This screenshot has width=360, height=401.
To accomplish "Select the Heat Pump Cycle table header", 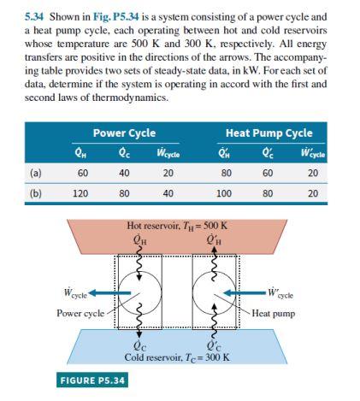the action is point(269,133).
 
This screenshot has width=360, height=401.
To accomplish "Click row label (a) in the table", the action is point(35,172).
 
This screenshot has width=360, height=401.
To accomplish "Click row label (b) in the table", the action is point(35,193).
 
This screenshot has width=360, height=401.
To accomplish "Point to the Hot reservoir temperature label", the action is point(181,227).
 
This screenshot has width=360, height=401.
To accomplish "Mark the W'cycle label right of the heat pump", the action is point(280,293).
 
